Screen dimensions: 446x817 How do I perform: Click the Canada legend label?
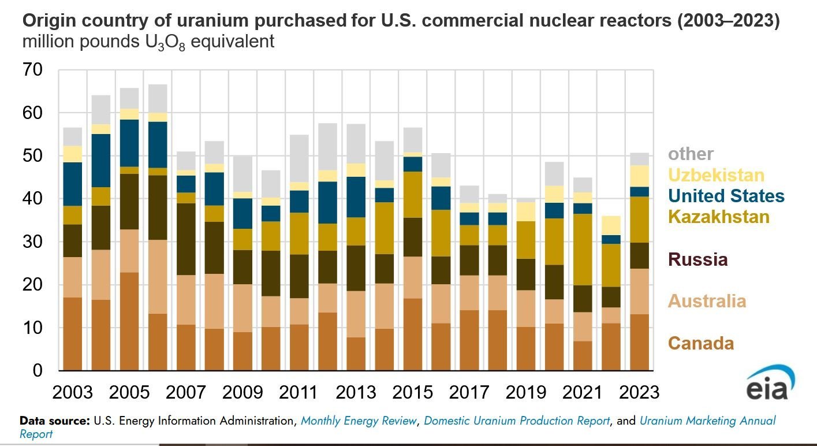tap(701, 343)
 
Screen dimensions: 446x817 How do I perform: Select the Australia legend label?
tap(707, 301)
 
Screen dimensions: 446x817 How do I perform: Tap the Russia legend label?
tap(697, 259)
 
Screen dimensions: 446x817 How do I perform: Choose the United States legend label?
tap(726, 196)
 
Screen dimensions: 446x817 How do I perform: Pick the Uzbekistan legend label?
tap(716, 175)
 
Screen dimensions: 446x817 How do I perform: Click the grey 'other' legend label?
tap(691, 154)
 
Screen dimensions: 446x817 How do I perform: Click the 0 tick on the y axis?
tap(37, 370)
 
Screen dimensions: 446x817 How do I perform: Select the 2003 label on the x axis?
tap(72, 392)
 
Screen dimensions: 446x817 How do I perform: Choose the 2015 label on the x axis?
tap(412, 392)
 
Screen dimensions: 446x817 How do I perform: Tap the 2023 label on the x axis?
tap(639, 392)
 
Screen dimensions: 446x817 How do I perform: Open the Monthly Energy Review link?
tap(359, 421)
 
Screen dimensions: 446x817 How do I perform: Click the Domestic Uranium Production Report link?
tap(517, 421)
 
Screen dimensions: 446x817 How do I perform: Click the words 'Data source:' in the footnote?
tap(55, 421)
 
